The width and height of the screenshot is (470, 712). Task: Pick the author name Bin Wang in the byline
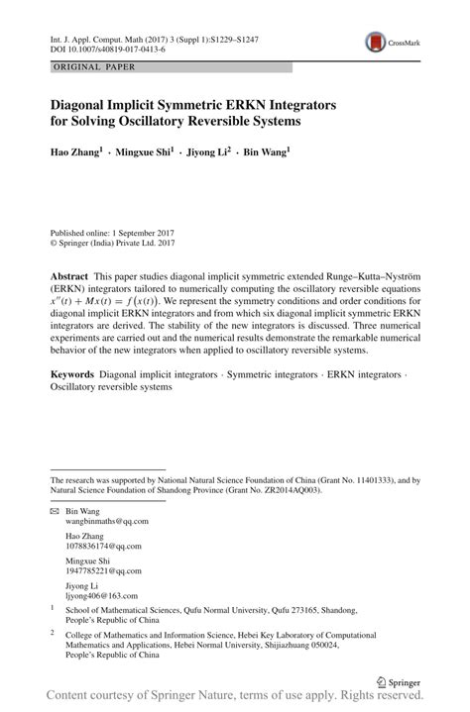tap(263, 153)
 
